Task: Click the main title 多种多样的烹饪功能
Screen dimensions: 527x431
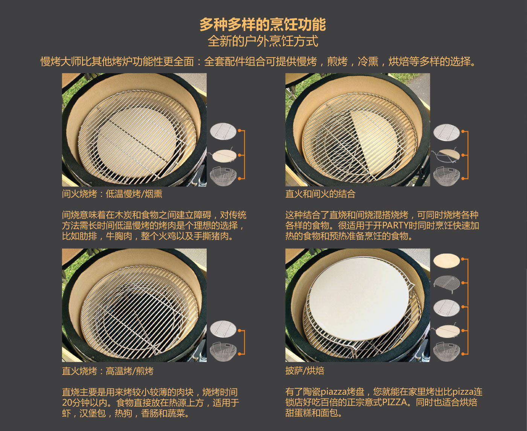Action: click(x=263, y=24)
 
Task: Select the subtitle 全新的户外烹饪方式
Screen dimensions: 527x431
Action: click(x=263, y=41)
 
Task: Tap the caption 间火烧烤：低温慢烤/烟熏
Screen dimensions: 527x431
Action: click(x=112, y=194)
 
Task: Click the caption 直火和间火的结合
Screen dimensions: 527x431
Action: click(x=320, y=194)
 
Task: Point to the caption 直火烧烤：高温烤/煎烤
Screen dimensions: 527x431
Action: click(x=108, y=371)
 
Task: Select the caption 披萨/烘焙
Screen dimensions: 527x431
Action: click(x=305, y=370)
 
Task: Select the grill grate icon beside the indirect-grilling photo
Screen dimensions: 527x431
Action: click(x=223, y=131)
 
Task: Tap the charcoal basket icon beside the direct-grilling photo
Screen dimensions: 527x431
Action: click(x=223, y=352)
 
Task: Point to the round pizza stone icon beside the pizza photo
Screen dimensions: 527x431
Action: click(x=446, y=261)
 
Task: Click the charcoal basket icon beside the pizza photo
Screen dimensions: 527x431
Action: click(x=446, y=352)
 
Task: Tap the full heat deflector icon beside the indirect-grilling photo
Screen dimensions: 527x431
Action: click(x=223, y=156)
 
